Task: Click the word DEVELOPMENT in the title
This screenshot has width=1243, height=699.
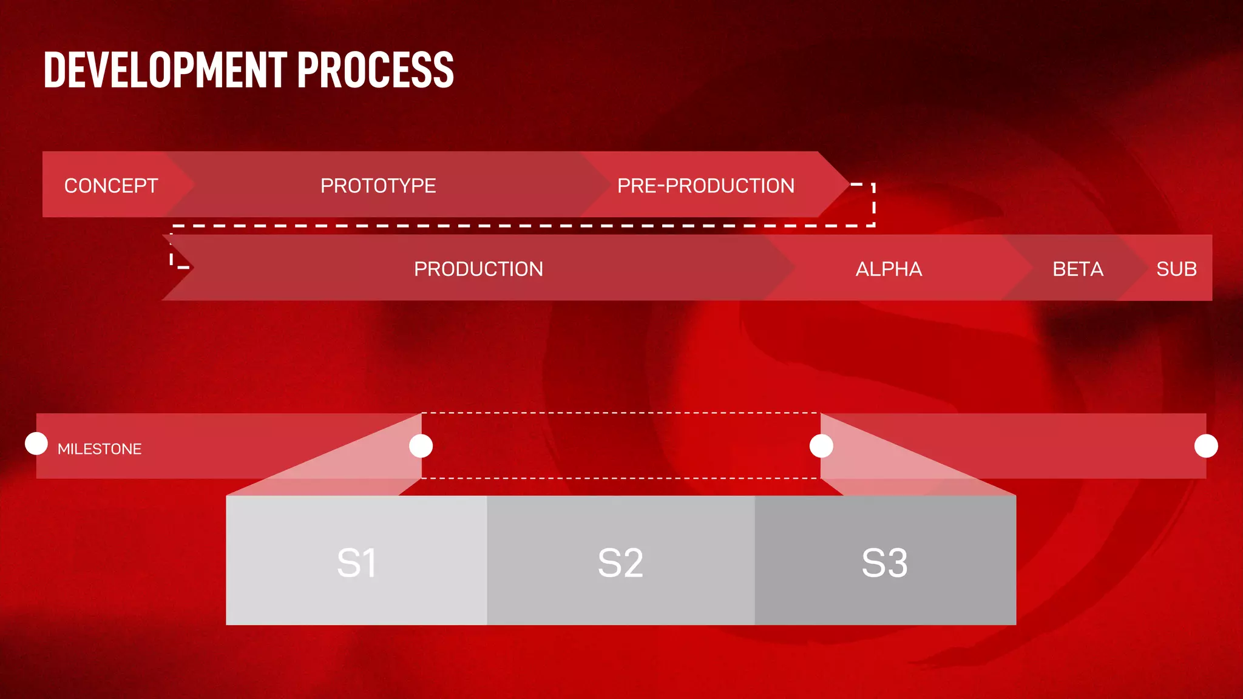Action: tap(165, 70)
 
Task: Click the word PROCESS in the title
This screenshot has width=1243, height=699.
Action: tap(376, 70)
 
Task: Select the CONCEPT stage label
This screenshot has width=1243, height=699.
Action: tap(111, 186)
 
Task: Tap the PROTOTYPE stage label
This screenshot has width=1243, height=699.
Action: tap(378, 186)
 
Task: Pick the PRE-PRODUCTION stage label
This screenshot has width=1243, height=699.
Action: tap(706, 186)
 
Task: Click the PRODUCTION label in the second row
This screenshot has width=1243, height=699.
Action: tap(478, 269)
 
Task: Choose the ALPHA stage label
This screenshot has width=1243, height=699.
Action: tap(889, 269)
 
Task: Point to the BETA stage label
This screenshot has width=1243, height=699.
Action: tap(1078, 269)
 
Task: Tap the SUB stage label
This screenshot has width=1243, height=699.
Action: tap(1176, 269)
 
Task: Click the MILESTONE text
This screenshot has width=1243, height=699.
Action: tap(100, 449)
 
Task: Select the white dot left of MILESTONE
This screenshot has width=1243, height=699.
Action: tap(36, 444)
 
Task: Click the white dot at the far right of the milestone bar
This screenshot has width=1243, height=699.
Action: tap(1206, 446)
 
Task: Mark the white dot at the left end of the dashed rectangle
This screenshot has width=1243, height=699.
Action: tap(421, 446)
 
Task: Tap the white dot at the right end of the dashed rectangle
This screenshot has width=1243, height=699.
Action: tap(821, 446)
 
